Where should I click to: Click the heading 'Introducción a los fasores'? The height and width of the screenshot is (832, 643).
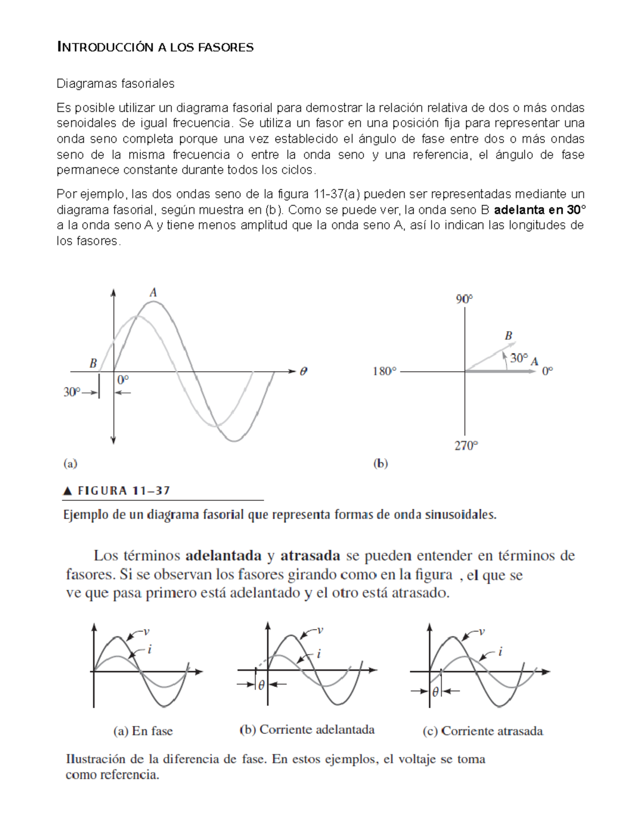pyautogui.click(x=155, y=48)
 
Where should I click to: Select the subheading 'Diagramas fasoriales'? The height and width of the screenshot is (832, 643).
pyautogui.click(x=116, y=84)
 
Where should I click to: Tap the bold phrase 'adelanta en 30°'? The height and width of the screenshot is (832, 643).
pyautogui.click(x=539, y=209)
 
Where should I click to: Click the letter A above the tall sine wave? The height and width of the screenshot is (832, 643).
pyautogui.click(x=153, y=293)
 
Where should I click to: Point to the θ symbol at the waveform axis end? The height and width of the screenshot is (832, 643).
pyautogui.click(x=304, y=371)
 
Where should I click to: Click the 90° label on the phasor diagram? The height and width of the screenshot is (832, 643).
pyautogui.click(x=465, y=299)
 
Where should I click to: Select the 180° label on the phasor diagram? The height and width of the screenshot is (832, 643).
pyautogui.click(x=385, y=371)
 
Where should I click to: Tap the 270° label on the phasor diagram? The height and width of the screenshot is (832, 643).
pyautogui.click(x=466, y=445)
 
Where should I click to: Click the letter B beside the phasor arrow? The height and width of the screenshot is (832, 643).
pyautogui.click(x=509, y=336)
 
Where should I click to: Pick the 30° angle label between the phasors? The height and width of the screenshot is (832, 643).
pyautogui.click(x=519, y=358)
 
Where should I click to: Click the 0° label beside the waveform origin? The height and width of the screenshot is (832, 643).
pyautogui.click(x=123, y=380)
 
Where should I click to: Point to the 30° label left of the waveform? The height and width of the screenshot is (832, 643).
pyautogui.click(x=72, y=392)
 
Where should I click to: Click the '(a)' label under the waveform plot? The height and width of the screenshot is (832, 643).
pyautogui.click(x=70, y=463)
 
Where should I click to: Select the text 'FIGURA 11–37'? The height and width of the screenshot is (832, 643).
pyautogui.click(x=124, y=491)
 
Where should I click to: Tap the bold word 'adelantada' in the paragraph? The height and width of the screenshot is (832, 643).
pyautogui.click(x=223, y=556)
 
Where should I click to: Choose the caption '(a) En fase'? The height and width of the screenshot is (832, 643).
pyautogui.click(x=143, y=731)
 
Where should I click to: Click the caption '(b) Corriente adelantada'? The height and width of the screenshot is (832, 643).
pyautogui.click(x=306, y=730)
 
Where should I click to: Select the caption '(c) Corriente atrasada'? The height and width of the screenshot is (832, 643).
pyautogui.click(x=483, y=731)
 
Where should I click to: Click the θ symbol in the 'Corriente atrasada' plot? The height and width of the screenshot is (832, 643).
pyautogui.click(x=435, y=692)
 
